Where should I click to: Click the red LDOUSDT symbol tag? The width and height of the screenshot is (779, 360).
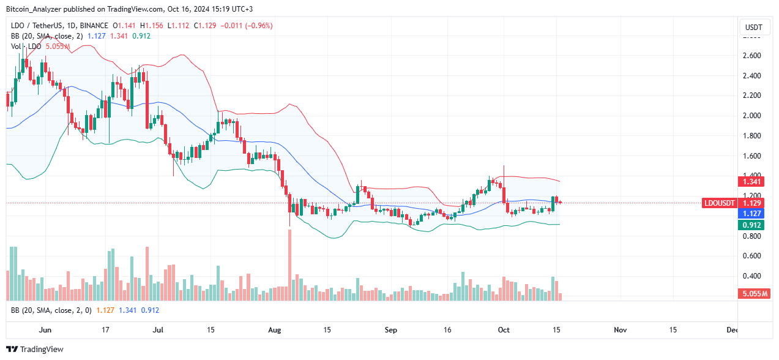tap(721, 203)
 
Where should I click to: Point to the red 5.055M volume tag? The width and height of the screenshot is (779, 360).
tap(753, 294)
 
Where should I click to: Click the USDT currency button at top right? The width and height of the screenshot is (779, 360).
tap(754, 28)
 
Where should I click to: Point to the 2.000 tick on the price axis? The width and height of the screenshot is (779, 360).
tap(752, 116)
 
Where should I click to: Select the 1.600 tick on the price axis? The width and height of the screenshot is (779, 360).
tap(752, 156)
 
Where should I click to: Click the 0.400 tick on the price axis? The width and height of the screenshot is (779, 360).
tap(752, 276)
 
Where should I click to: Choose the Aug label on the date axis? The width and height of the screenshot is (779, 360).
tap(275, 330)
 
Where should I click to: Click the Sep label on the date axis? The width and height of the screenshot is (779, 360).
tap(391, 330)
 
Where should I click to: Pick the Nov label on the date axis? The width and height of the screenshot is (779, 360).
tap(620, 330)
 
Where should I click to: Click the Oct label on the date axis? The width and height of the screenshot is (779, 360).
tap(503, 330)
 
